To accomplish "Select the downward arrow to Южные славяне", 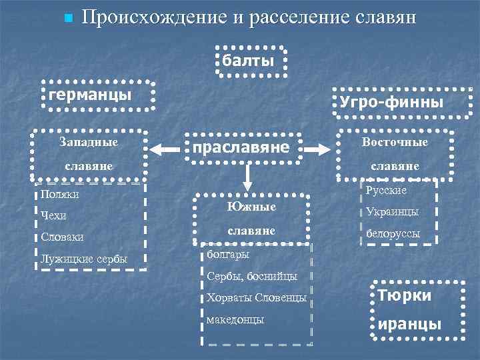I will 247,177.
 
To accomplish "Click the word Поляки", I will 59,195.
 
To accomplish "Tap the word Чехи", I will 53,215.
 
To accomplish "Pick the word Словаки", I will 61,237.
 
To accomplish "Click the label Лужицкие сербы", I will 84,259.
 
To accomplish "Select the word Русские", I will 386,190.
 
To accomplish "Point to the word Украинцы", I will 393,211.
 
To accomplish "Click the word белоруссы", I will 393,235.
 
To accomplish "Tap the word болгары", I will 228,255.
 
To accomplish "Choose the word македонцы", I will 235,319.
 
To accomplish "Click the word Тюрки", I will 405,295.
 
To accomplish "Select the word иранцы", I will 409,324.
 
